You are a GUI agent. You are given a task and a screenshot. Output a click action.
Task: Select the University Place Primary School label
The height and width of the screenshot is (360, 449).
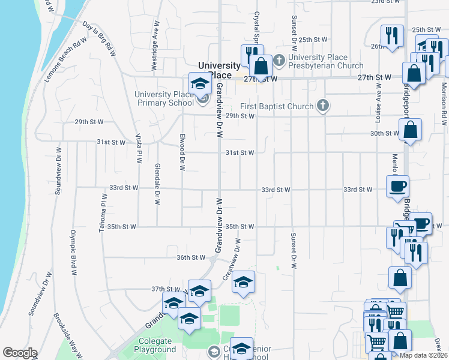[164, 98]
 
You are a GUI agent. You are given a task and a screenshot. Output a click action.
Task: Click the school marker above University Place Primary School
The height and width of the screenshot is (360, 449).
[200, 84]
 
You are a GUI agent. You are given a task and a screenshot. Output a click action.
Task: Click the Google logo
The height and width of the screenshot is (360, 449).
[20, 353]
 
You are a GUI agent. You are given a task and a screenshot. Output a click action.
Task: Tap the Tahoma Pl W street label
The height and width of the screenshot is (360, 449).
[104, 208]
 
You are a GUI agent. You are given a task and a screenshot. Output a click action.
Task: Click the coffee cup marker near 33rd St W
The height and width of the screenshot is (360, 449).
[397, 187]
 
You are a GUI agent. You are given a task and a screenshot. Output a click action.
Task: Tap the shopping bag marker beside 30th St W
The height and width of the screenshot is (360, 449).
[410, 130]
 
